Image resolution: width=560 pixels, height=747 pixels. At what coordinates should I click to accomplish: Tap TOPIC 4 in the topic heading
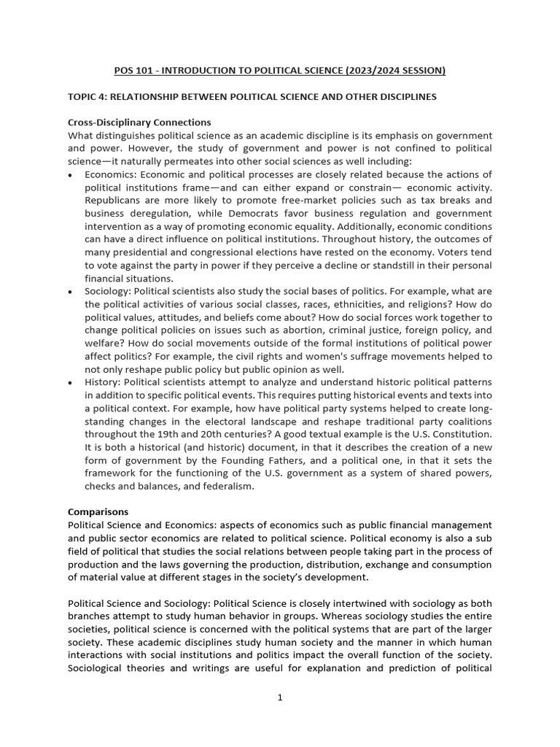[x=88, y=97]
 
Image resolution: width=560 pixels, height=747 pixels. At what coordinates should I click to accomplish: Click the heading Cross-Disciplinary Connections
[x=139, y=122]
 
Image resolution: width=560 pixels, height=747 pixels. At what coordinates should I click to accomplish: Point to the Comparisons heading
[x=99, y=512]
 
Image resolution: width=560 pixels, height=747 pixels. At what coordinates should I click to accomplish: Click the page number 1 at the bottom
[x=280, y=697]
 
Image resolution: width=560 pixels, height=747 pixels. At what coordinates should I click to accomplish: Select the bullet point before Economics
[x=70, y=175]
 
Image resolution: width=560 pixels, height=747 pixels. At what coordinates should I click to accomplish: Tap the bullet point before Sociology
[x=70, y=292]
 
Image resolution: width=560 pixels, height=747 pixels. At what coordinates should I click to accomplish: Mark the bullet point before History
[x=70, y=382]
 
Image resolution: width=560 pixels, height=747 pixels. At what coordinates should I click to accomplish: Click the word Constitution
[x=460, y=434]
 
